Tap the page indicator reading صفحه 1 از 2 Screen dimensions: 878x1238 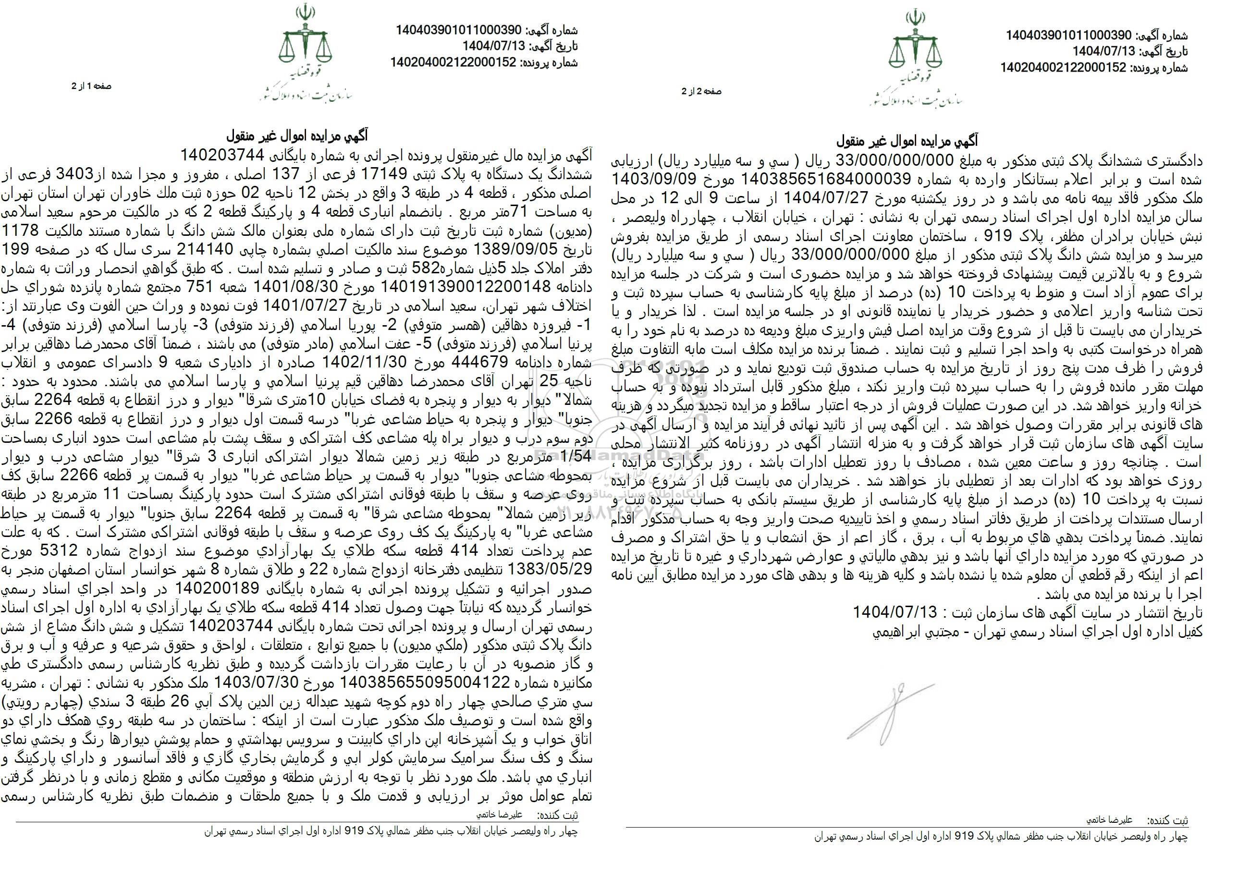coord(91,86)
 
